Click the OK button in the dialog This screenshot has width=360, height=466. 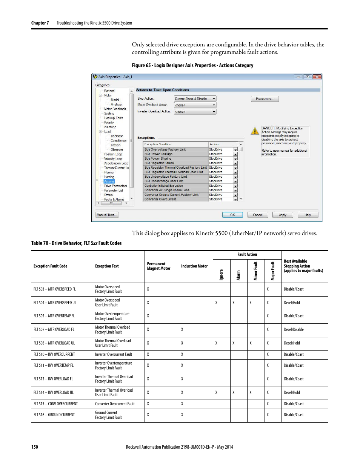[x=232, y=215]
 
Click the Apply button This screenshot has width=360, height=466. [x=282, y=215]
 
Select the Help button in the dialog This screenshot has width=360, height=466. [x=308, y=215]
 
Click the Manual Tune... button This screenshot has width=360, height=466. [x=107, y=215]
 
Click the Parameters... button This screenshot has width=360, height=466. [x=265, y=99]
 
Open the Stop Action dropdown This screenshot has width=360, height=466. [x=195, y=99]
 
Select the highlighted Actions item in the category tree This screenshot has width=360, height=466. [x=109, y=181]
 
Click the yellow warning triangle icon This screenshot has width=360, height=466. [x=255, y=131]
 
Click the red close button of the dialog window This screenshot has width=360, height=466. [x=317, y=77]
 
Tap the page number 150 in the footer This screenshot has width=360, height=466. [x=35, y=447]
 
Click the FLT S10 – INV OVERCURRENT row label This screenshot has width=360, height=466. [x=54, y=354]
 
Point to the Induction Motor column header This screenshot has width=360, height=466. [x=194, y=266]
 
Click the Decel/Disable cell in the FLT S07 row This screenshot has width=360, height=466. [x=294, y=329]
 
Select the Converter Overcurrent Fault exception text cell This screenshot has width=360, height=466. [x=115, y=404]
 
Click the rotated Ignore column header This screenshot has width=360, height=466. [x=222, y=274]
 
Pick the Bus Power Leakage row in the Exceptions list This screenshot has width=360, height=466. [x=158, y=154]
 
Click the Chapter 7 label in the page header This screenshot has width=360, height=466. [x=40, y=23]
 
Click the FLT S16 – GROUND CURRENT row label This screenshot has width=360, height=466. [x=54, y=415]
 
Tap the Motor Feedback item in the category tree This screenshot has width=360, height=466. [x=115, y=109]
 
